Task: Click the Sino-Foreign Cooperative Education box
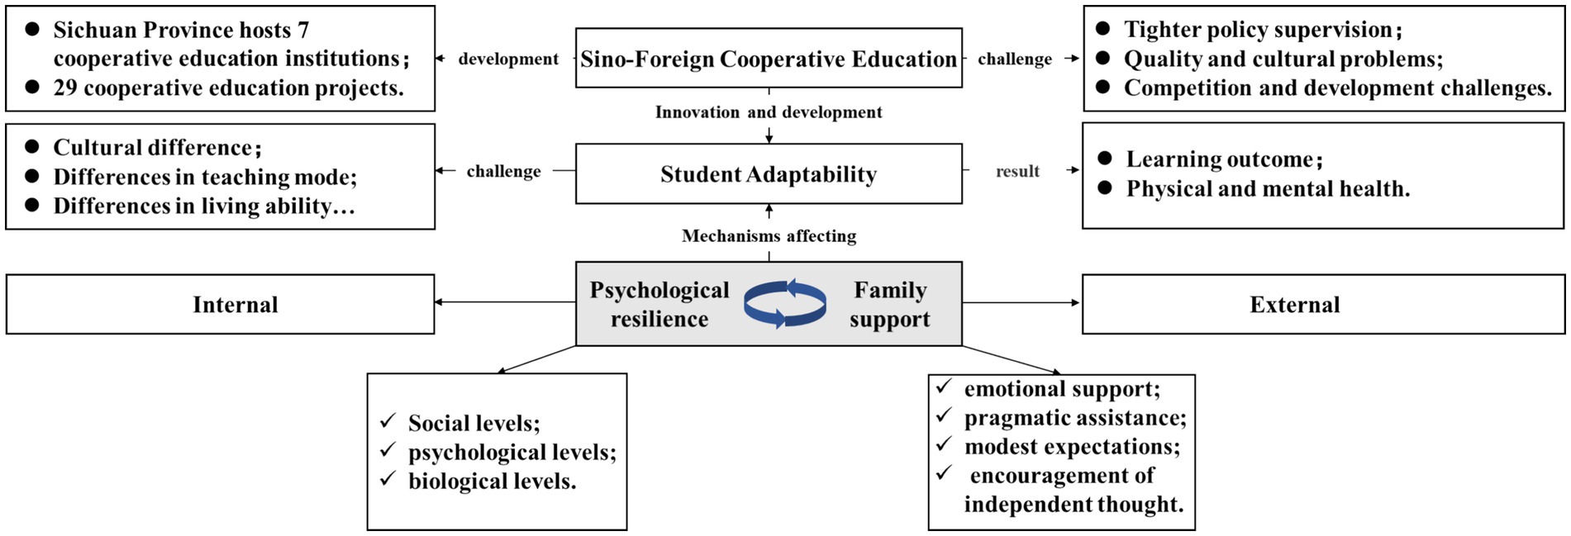(x=769, y=59)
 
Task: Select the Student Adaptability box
(x=769, y=174)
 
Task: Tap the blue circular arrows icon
(x=784, y=304)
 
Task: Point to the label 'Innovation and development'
(x=769, y=112)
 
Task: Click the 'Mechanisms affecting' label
(x=769, y=236)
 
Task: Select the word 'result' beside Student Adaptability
(x=1017, y=171)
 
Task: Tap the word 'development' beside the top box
(x=508, y=59)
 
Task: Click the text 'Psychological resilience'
(x=659, y=304)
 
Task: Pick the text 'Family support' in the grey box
(x=890, y=304)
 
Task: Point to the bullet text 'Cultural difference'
(x=153, y=148)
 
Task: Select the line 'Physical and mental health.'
(x=1268, y=189)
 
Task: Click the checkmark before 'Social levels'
(x=388, y=421)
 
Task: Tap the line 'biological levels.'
(x=492, y=481)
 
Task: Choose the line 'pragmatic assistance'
(x=1074, y=418)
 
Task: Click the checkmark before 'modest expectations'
(x=944, y=444)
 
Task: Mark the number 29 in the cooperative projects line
(x=65, y=88)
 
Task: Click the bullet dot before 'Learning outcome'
(x=1105, y=158)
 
